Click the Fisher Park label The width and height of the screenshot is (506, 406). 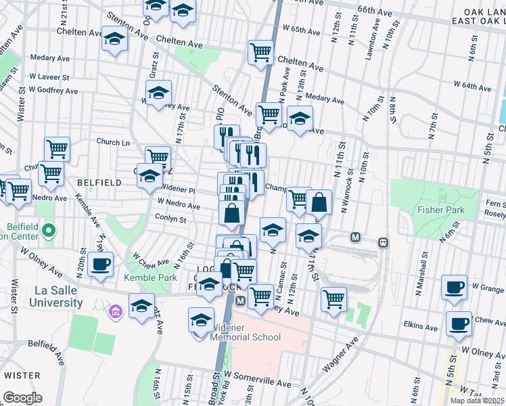441,210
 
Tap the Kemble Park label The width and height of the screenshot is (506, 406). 150,277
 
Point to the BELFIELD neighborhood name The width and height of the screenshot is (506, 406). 99,183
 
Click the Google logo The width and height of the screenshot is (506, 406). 23,398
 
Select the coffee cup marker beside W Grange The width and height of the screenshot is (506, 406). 454,287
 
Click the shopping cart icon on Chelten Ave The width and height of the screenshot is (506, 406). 260,51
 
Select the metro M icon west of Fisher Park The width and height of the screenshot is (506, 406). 354,238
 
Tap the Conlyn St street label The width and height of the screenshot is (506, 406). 170,219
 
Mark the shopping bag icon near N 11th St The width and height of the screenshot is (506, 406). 319,202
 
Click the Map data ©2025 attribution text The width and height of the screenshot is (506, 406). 478,401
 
